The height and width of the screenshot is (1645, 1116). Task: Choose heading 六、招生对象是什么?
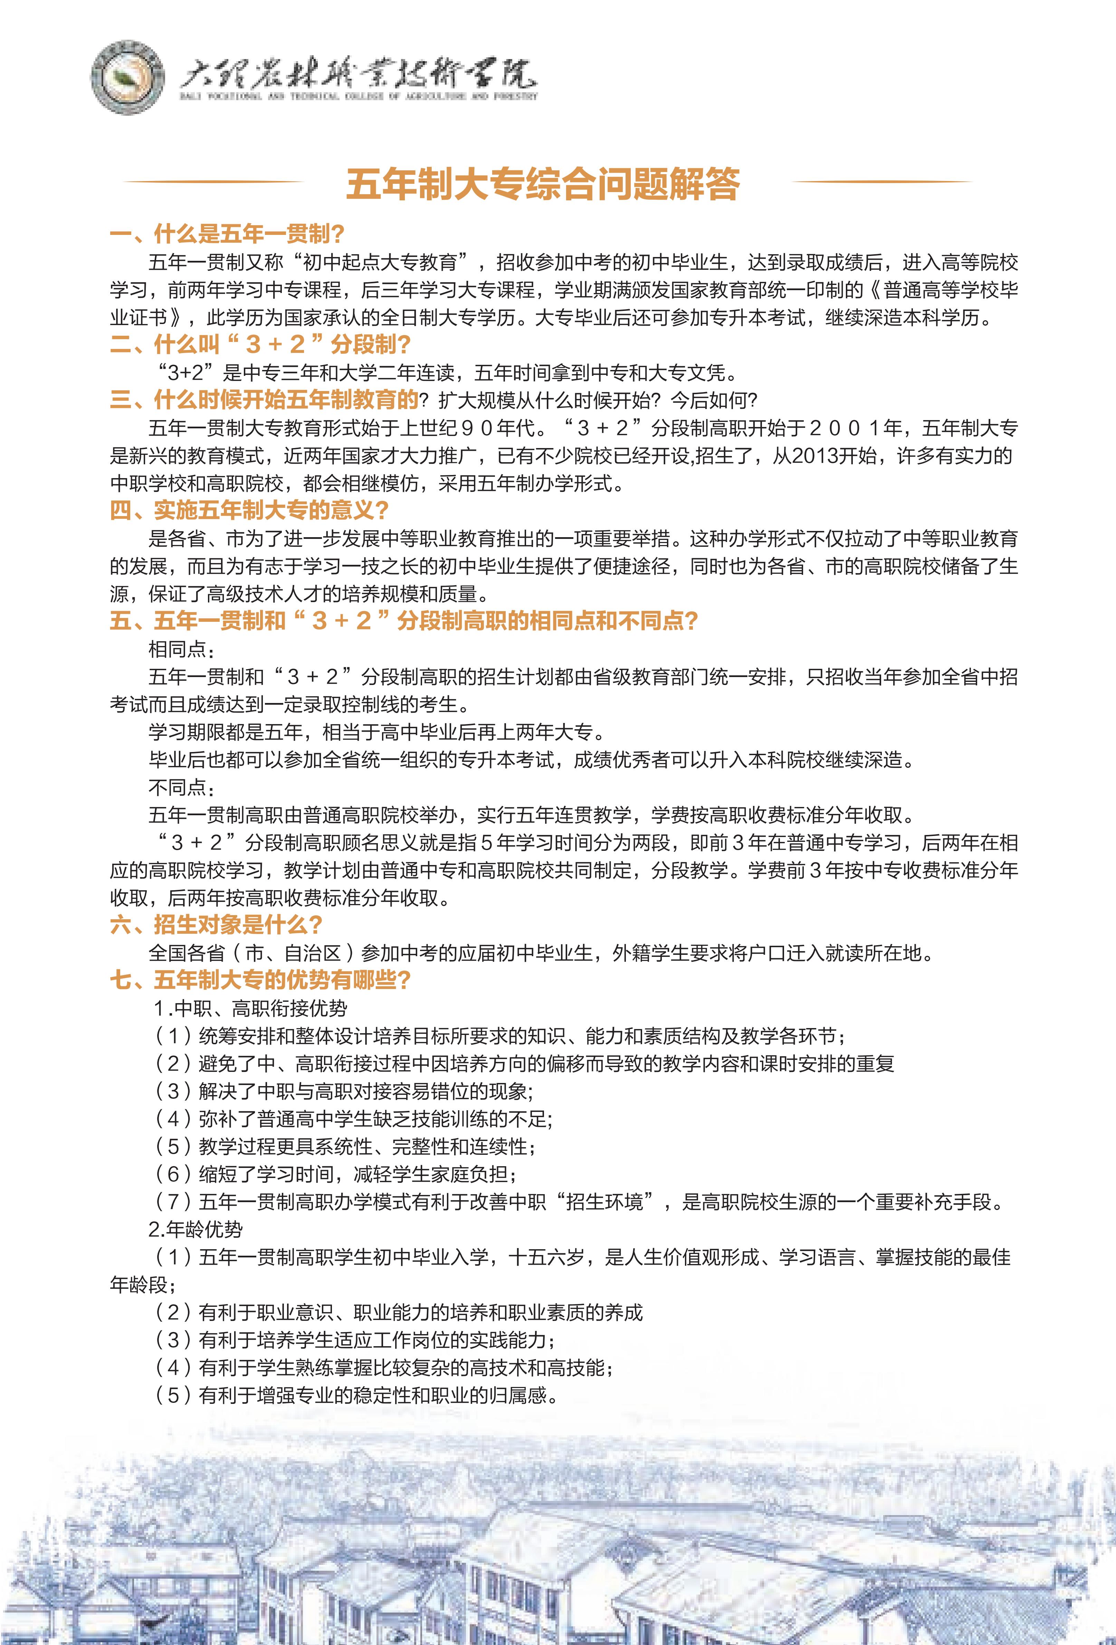(x=217, y=924)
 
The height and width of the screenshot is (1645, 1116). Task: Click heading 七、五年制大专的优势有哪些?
(x=260, y=980)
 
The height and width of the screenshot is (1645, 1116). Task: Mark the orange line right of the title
(x=882, y=182)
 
